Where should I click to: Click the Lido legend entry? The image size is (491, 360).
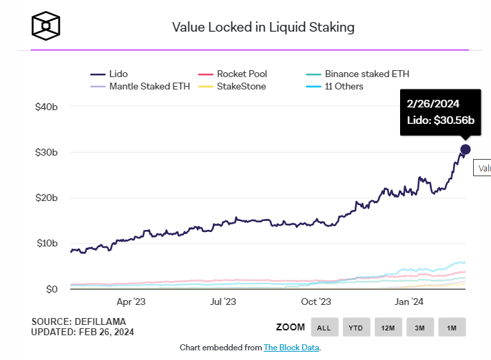point(109,74)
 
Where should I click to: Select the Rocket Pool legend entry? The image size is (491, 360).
point(232,74)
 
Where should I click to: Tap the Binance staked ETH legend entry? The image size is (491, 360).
point(357,74)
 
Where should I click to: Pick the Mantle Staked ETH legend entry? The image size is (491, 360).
point(140,87)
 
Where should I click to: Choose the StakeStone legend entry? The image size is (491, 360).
point(232,87)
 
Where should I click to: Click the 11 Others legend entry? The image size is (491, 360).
point(335,87)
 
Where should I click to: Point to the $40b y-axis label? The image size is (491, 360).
point(46,107)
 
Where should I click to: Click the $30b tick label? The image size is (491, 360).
point(46,152)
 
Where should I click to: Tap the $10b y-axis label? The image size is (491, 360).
point(47,243)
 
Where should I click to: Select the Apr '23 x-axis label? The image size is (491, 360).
point(132,301)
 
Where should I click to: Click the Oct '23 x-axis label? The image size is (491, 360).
point(316,301)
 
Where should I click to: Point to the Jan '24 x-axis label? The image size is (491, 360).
point(408,301)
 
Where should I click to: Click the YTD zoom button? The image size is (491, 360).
point(356,327)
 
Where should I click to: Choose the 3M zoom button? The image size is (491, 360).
point(420,327)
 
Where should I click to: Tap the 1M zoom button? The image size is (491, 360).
point(452,327)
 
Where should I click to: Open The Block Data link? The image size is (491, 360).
point(291,348)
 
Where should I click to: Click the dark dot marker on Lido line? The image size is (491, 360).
point(466,149)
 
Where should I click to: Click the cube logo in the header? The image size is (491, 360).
point(45,26)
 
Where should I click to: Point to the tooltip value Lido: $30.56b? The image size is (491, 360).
point(441,120)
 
